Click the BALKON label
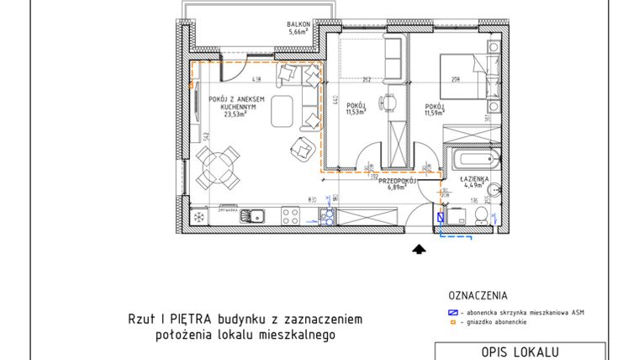[295, 25]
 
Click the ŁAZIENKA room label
[474, 179]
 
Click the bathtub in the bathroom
[474, 159]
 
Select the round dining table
[219, 167]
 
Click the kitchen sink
[252, 216]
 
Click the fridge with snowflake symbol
[199, 216]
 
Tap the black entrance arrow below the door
[417, 247]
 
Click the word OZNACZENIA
[477, 296]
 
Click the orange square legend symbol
[452, 322]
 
